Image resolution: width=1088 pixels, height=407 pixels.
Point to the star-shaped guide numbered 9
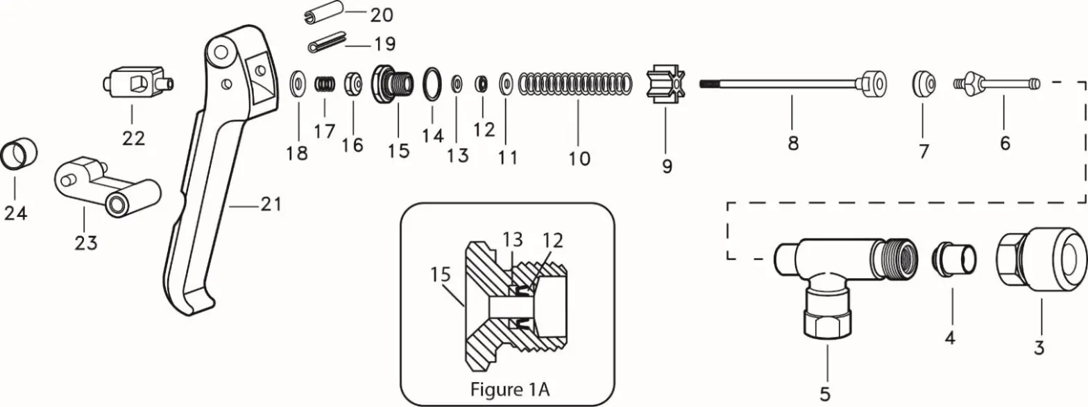click(664, 84)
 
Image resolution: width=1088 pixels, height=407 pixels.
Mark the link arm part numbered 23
click(104, 187)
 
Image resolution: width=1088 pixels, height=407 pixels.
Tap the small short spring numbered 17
click(324, 84)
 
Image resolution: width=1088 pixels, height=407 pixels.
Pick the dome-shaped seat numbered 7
click(923, 85)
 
